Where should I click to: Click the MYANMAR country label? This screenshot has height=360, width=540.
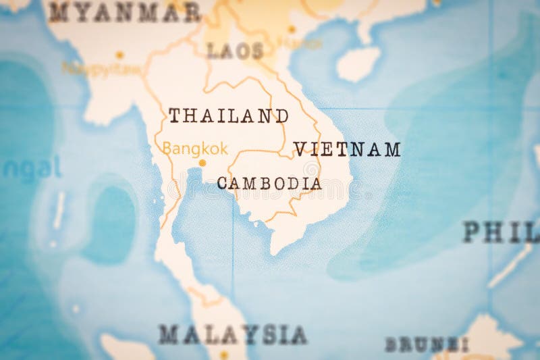(124, 11)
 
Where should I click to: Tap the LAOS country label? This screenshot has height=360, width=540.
(235, 51)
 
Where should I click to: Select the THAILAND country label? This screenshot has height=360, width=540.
(228, 115)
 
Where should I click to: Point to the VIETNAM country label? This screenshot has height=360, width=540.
(347, 149)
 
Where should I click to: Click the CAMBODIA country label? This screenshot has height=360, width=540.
(269, 183)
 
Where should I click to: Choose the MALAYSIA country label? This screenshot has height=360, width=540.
(233, 334)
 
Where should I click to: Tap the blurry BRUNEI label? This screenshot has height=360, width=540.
(427, 344)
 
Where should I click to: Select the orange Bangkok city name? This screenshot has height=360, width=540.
(195, 149)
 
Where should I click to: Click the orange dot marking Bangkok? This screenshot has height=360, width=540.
(202, 163)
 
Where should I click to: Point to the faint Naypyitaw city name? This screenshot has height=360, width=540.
(102, 69)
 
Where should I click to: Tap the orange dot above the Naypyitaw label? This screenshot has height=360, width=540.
(119, 55)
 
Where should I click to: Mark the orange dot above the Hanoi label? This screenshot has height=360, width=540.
(292, 29)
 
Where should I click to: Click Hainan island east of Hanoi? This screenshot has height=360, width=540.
(358, 64)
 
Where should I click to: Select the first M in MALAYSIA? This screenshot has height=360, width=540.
(168, 334)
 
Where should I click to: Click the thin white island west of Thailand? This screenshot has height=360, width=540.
(59, 209)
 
